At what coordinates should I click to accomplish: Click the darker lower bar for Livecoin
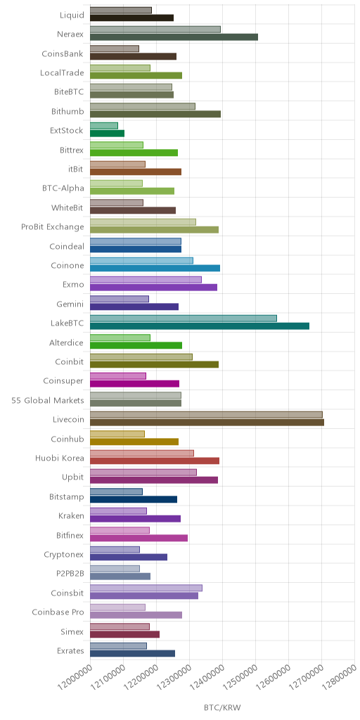pos(207,423)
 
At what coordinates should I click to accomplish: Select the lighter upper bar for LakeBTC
pos(184,319)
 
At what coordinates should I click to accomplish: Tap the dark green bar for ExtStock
pos(107,134)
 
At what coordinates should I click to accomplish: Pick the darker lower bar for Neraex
pos(174,37)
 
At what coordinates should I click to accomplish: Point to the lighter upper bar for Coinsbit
pos(146,588)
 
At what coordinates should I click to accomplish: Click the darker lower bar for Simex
pos(125,634)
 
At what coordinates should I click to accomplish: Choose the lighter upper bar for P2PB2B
pos(115,568)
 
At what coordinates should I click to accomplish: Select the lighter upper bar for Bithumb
pos(143,107)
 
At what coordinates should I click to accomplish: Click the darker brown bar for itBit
pos(136,172)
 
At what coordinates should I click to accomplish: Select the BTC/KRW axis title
pos(222,707)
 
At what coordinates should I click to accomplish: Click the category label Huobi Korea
pos(60,458)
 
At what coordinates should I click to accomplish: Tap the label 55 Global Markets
pos(48,400)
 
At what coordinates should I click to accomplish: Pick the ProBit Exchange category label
pos(53,227)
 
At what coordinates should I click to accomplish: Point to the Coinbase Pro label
pos(58,612)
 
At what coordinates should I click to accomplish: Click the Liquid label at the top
pos(72,15)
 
